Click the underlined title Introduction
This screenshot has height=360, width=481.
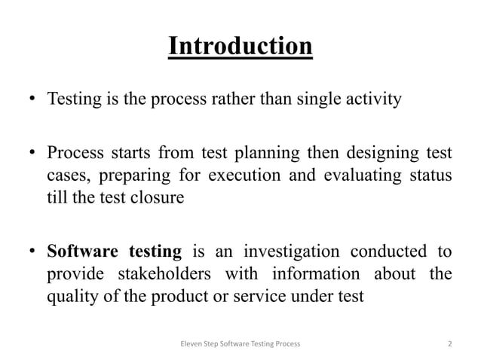click(240, 47)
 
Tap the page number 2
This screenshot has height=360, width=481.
click(450, 343)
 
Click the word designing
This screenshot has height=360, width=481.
click(375, 157)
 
